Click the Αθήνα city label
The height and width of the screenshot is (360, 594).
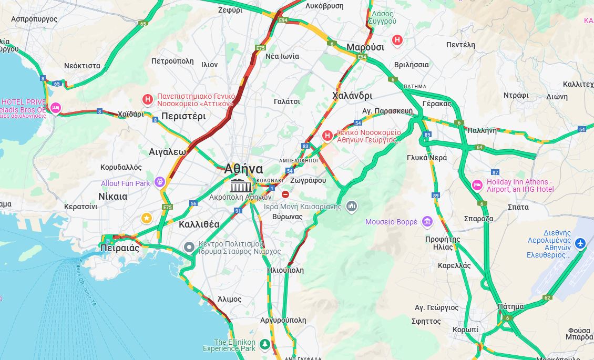(243, 169)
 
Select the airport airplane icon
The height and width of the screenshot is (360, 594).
(580, 243)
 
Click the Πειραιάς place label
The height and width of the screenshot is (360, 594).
(120, 248)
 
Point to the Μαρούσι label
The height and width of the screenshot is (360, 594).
(365, 47)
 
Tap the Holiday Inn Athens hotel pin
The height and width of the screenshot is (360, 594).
(477, 185)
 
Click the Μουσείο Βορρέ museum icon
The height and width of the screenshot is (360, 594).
(427, 222)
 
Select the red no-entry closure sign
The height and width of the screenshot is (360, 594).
(285, 194)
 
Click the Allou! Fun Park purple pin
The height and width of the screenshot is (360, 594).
(160, 183)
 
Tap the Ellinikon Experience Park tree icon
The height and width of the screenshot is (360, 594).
(265, 344)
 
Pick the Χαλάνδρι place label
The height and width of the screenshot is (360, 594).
(352, 96)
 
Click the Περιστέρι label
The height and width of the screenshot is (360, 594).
(183, 116)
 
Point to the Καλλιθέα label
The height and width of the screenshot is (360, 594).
(199, 224)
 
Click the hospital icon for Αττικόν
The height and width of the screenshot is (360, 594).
(148, 99)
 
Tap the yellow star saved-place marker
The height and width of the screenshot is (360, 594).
(147, 218)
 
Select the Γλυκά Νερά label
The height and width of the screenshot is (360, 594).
(426, 158)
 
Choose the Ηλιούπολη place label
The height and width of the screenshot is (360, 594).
(285, 270)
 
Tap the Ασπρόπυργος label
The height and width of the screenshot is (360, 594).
(34, 19)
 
